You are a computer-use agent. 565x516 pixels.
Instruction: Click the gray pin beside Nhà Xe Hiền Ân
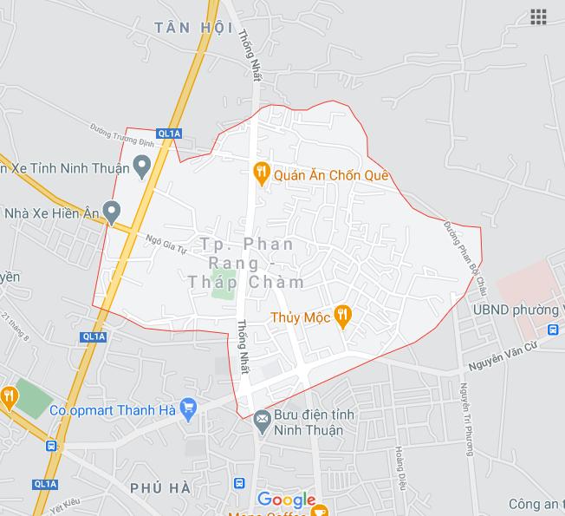pyautogui.click(x=111, y=210)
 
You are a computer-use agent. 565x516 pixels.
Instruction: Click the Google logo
pyautogui.click(x=287, y=500)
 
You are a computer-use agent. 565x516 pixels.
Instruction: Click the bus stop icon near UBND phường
pyautogui.click(x=552, y=330)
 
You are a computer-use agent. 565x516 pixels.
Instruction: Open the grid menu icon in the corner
pyautogui.click(x=538, y=17)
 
